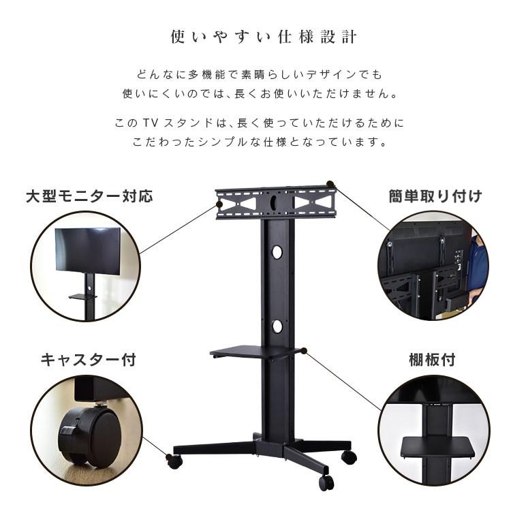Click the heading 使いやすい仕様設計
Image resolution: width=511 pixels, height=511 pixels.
(x=263, y=36)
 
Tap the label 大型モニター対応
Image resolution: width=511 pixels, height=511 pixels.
(x=89, y=197)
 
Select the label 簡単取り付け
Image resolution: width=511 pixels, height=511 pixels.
(x=435, y=197)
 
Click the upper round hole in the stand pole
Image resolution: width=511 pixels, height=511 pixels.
(x=277, y=252)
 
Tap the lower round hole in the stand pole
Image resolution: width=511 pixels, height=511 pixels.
(x=277, y=326)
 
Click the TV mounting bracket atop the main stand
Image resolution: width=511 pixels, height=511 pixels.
(x=276, y=202)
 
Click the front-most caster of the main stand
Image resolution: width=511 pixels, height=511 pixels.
(x=326, y=482)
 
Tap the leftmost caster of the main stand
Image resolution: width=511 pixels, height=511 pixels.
(x=174, y=461)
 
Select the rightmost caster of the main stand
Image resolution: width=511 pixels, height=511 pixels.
(x=349, y=456)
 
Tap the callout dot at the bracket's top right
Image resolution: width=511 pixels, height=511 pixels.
(x=330, y=184)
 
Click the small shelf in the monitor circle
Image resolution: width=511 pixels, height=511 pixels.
(x=83, y=296)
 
